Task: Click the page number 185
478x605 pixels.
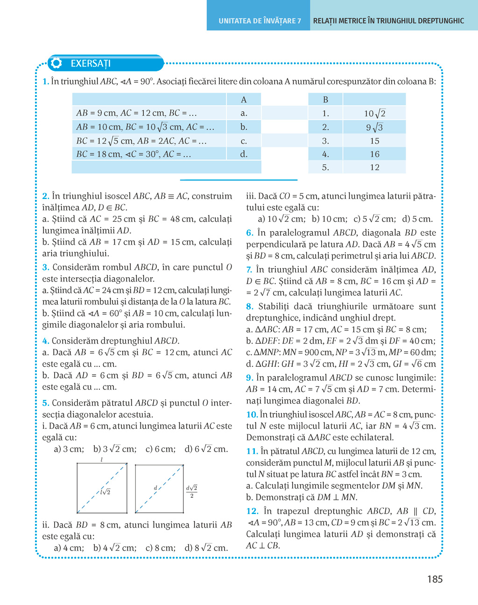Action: coord(434,579)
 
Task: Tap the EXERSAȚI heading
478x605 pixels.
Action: coord(91,63)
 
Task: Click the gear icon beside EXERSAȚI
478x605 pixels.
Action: coord(56,63)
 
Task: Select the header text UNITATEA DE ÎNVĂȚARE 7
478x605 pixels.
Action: coord(260,21)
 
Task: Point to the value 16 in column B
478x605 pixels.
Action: coord(374,154)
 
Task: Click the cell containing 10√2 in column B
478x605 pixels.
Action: coord(374,113)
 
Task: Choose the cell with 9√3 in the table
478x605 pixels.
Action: coord(374,127)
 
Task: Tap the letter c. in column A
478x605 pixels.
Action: coord(244,141)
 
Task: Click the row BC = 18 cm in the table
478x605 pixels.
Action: coord(134,154)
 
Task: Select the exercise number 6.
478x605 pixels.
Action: coord(250,233)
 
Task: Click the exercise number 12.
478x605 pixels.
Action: coord(252,511)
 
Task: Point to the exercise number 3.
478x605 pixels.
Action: coord(45,267)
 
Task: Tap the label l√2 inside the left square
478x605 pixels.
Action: coord(105,492)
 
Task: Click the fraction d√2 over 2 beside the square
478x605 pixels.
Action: coord(192,491)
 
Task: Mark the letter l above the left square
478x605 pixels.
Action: coord(101,460)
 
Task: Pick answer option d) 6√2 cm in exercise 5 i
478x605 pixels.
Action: coord(206,449)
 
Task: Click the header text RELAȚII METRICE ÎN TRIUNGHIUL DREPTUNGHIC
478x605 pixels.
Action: coord(388,21)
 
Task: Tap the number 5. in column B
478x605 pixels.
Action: coord(325,167)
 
